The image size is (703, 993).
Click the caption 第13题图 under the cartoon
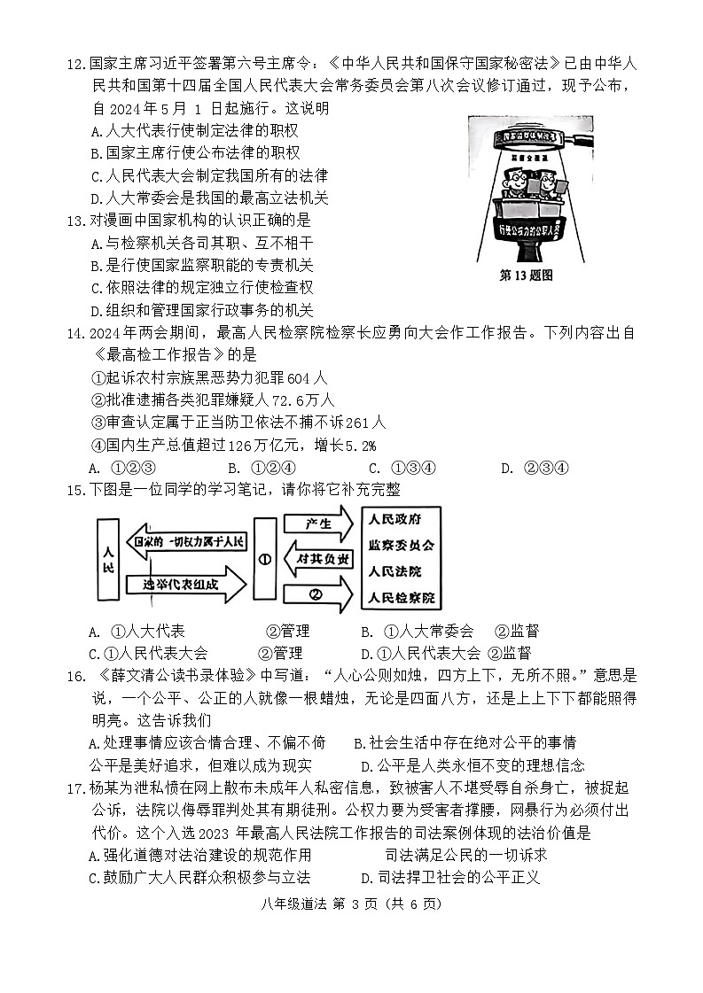click(x=527, y=275)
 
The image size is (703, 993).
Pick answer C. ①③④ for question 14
click(x=401, y=469)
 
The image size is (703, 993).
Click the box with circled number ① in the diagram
click(x=264, y=560)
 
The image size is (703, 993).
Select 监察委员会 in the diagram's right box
click(x=401, y=546)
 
